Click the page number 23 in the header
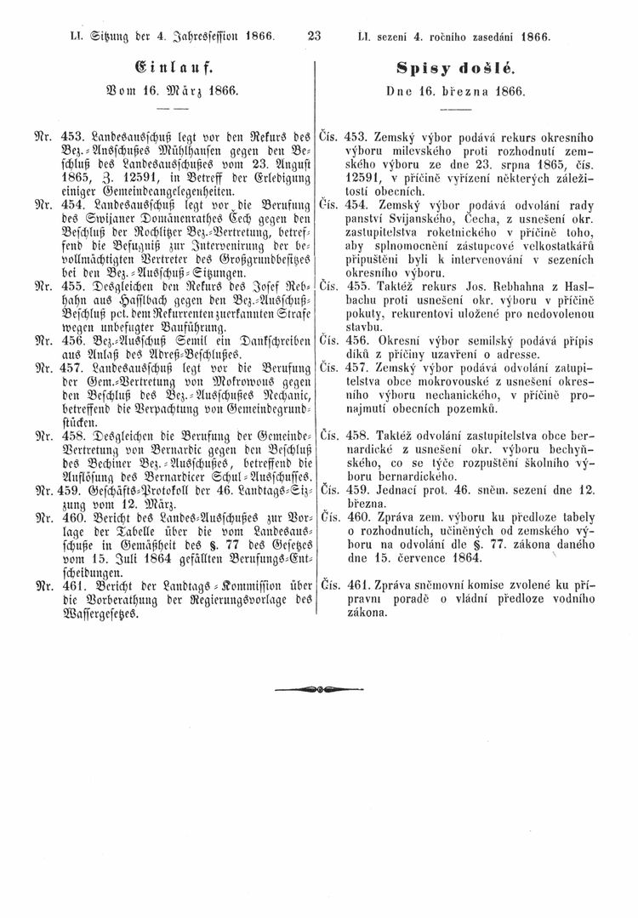tap(316, 37)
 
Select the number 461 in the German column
tap(66, 585)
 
